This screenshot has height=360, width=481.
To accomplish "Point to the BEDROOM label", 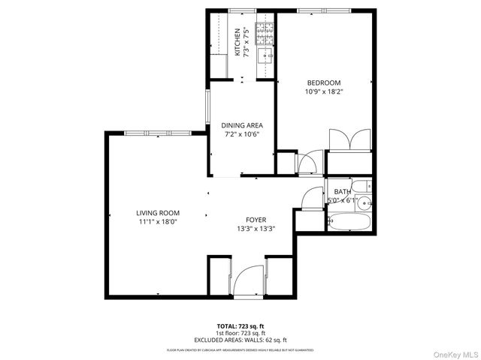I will pos(324,82).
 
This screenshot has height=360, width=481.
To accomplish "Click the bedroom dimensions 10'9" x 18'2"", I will pos(324,92).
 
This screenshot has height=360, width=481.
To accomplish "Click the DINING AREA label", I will pos(241,125).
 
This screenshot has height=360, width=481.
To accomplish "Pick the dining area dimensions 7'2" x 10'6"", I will pos(241,135).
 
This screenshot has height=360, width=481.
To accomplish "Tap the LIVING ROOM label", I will pos(157,213).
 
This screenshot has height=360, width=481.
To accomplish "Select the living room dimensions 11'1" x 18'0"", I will pos(157,223).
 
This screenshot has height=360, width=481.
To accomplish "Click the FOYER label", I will pos(256,219).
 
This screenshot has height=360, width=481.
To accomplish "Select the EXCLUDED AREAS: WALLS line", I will pos(240,340).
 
